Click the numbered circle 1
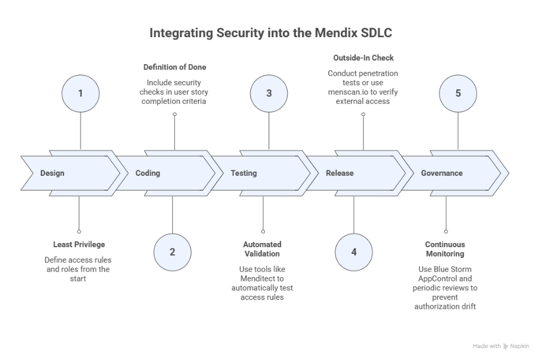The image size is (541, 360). coord(80,93)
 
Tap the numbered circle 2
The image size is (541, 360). coord(172,251)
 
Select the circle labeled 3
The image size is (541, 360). coord(269,93)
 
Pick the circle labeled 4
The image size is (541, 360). coord(354,251)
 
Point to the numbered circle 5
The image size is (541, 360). coord(458,93)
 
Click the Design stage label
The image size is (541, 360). coord(52,173)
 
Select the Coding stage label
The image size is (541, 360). coord(148,173)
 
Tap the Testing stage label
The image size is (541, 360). coord(244,173)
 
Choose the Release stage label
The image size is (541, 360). coord(340,173)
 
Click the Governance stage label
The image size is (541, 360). coord(442,173)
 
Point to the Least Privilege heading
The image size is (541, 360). coord(79,245)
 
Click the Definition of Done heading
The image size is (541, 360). coord(174,67)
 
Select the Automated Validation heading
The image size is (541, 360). coord(262,249)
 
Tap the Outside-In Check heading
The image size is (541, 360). coord(363,58)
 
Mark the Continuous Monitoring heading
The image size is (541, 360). coord(445,249)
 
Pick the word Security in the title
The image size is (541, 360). coord(229,33)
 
